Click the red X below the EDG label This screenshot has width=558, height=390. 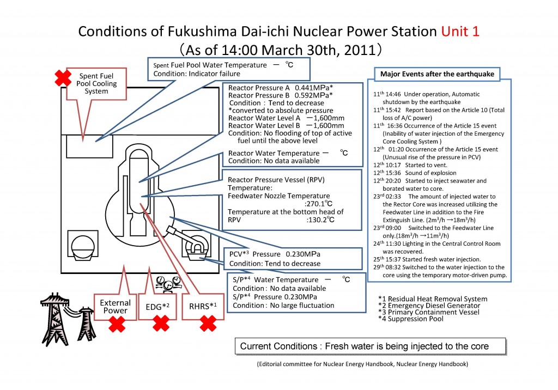tap(160, 325)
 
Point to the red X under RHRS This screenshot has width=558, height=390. tap(208, 325)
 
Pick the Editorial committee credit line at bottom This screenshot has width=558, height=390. tap(362, 364)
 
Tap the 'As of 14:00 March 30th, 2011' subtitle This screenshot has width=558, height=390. tap(280, 51)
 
